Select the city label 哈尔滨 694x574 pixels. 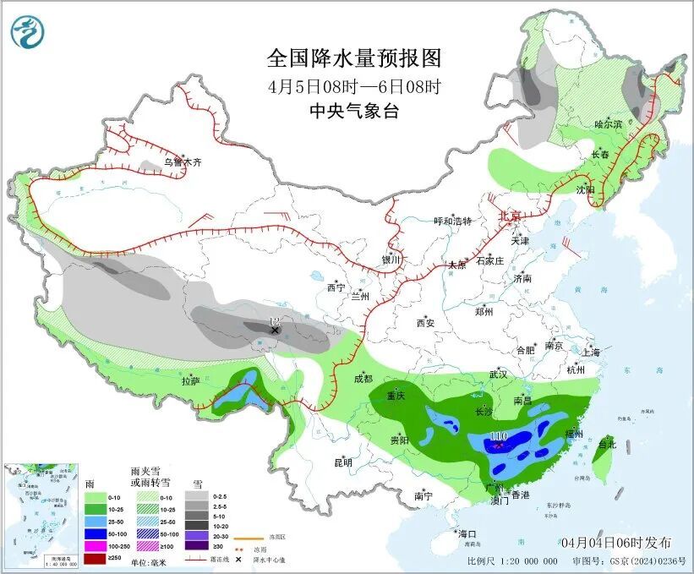[x=608, y=124]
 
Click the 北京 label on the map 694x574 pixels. [x=510, y=216]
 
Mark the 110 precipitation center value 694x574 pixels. [x=498, y=436]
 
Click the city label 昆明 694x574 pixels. [x=343, y=462]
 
